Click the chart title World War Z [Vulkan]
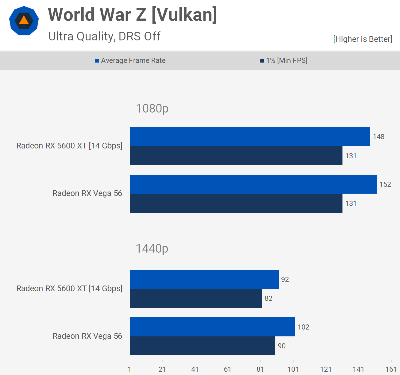132,15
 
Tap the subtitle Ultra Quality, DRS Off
104,36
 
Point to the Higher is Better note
363,39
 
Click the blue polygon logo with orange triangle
24,21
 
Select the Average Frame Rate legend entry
130,60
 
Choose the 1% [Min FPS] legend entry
284,60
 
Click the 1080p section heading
152,108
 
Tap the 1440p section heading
152,248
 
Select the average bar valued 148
250,137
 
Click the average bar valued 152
253,184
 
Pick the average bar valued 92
204,279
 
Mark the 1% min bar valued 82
196,298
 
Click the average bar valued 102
212,327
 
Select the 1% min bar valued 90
203,346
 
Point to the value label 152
385,184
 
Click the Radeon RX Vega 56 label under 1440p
87,336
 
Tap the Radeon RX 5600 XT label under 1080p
69,146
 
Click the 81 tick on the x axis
260,369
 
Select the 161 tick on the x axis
391,369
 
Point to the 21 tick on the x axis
162,369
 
